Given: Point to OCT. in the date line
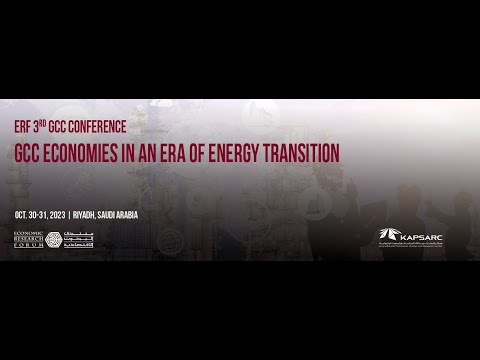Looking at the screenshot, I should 25,215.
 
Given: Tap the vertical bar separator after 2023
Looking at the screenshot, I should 96,215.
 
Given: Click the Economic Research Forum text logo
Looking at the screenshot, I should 28,240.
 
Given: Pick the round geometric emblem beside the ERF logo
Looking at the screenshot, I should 53,240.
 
